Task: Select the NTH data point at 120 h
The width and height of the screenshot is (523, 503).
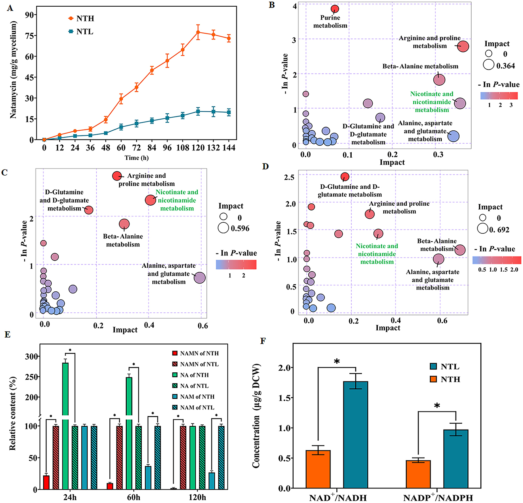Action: pyautogui.click(x=198, y=32)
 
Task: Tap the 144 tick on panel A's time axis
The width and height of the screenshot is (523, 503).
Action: pyautogui.click(x=229, y=148)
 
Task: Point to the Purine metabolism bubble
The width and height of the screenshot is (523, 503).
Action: pyautogui.click(x=335, y=9)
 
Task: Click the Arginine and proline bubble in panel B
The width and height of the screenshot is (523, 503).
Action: pyautogui.click(x=463, y=46)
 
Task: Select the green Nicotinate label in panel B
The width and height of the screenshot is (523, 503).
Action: pyautogui.click(x=432, y=102)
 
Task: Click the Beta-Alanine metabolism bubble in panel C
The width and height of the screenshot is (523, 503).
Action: pyautogui.click(x=124, y=224)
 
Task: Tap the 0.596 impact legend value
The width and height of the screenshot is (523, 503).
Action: pyautogui.click(x=240, y=228)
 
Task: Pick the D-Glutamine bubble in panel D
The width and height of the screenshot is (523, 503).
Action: pyautogui.click(x=345, y=176)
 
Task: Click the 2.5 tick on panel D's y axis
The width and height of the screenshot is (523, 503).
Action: pyautogui.click(x=290, y=177)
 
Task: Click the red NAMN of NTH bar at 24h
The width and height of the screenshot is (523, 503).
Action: pyautogui.click(x=46, y=482)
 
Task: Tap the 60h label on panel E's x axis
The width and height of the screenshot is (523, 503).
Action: pyautogui.click(x=133, y=497)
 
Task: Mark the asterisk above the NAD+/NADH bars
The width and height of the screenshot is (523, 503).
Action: pyautogui.click(x=337, y=362)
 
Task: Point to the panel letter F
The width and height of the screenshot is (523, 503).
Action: pyautogui.click(x=263, y=341)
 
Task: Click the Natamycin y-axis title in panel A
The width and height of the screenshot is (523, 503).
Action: pyautogui.click(x=13, y=70)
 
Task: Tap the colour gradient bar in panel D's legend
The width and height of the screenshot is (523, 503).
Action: pyautogui.click(x=497, y=260)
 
